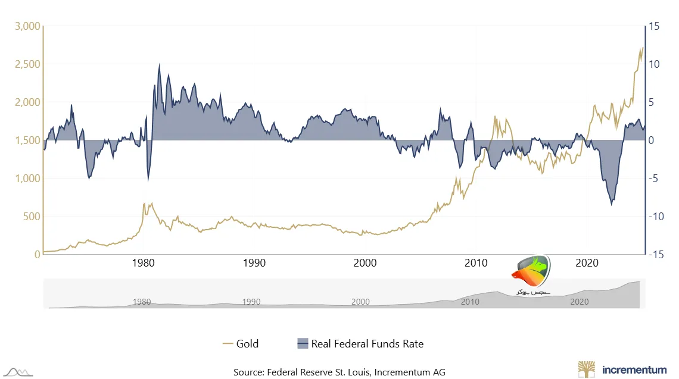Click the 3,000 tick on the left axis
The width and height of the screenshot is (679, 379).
click(27, 26)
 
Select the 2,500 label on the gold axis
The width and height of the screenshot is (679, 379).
click(27, 64)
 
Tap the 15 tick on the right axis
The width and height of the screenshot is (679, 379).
click(655, 26)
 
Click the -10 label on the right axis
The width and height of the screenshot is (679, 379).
click(658, 217)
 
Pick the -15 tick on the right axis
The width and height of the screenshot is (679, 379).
click(658, 254)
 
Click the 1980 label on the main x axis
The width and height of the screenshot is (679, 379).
click(143, 262)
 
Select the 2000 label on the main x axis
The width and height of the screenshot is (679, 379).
click(365, 262)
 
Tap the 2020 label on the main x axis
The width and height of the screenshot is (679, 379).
click(587, 262)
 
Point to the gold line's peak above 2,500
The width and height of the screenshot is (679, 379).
click(642, 48)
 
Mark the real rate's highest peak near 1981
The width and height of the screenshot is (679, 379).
click(159, 64)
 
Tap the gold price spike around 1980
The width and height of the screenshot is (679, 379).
click(144, 203)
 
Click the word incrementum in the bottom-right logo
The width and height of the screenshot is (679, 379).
click(634, 369)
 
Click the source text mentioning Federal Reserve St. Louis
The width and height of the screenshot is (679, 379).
click(339, 372)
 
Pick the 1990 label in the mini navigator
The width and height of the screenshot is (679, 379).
click(251, 302)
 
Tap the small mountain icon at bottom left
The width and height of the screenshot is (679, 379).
click(17, 372)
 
